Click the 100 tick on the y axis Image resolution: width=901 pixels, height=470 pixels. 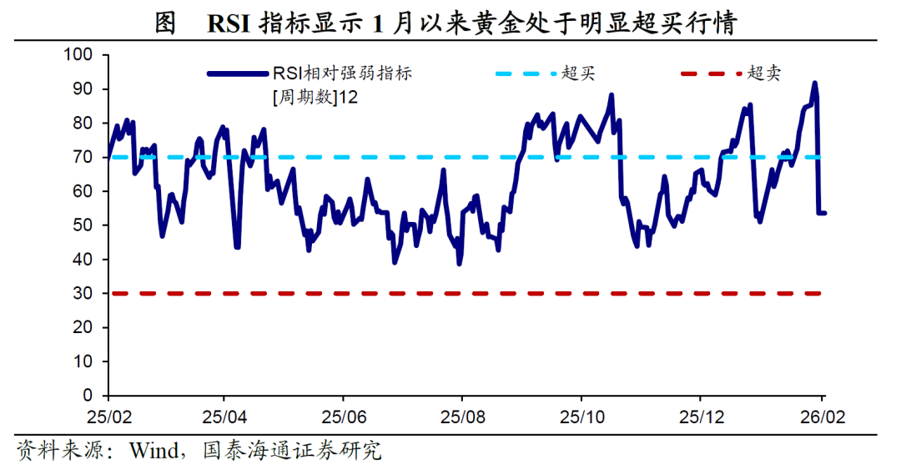[82, 55]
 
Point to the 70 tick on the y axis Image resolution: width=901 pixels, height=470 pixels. [86, 157]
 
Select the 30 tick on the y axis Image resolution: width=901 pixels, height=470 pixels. [86, 293]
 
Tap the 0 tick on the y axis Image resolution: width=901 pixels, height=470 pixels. [91, 395]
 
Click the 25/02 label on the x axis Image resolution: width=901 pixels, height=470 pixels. [108, 416]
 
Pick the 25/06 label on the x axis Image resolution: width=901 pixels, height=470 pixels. [345, 416]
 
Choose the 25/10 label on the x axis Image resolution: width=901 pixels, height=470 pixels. [582, 416]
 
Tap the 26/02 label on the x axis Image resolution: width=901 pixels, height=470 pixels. [821, 416]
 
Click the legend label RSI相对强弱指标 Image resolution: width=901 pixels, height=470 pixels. [342, 73]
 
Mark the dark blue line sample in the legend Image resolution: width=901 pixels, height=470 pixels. [237, 73]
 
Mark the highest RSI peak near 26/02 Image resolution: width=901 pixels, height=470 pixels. [814, 83]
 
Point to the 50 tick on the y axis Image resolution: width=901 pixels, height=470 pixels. [86, 225]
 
